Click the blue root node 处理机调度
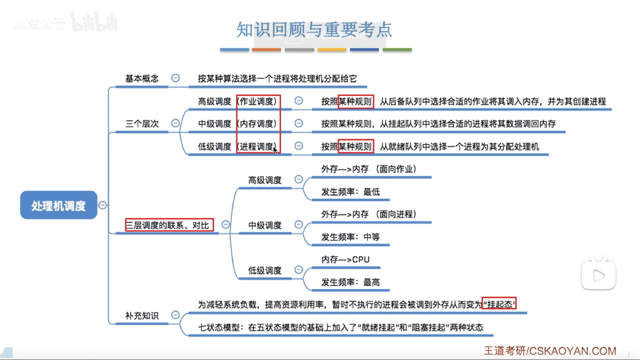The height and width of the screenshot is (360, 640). (59, 205)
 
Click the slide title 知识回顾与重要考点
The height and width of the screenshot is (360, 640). (314, 30)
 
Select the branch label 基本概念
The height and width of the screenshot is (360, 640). (142, 79)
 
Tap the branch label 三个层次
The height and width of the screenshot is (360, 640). (142, 124)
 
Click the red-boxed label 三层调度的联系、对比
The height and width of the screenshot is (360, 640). (169, 225)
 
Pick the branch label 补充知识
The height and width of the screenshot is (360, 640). (142, 316)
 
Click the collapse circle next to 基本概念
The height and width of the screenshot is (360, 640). (175, 78)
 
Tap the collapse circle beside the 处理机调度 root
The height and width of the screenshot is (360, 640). (103, 205)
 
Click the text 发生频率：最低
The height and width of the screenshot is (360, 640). (350, 192)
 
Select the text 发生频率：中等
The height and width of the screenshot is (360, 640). (350, 237)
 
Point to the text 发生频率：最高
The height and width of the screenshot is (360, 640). (350, 282)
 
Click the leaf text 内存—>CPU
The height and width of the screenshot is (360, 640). (345, 260)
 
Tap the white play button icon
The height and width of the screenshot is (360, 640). (599, 276)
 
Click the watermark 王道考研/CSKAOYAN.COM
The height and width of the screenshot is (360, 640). (550, 351)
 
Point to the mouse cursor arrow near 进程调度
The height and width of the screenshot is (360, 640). (275, 150)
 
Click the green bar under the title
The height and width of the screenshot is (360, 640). (397, 50)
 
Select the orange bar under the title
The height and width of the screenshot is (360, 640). (266, 50)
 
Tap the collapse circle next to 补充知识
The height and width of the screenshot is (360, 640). (175, 315)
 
